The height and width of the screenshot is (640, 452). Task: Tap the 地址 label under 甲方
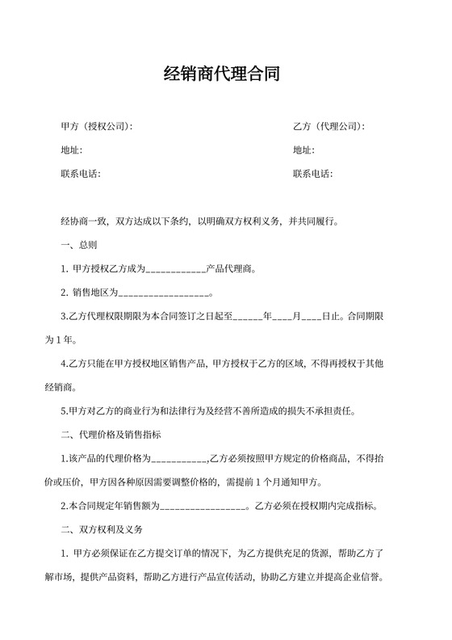[71, 150]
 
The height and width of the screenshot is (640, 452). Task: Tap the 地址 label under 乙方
[303, 150]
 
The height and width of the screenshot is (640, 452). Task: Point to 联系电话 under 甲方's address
[81, 174]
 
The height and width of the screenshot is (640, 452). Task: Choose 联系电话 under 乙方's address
[313, 174]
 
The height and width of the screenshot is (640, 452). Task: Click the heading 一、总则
[79, 244]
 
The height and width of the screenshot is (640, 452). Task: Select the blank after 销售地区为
[164, 293]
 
